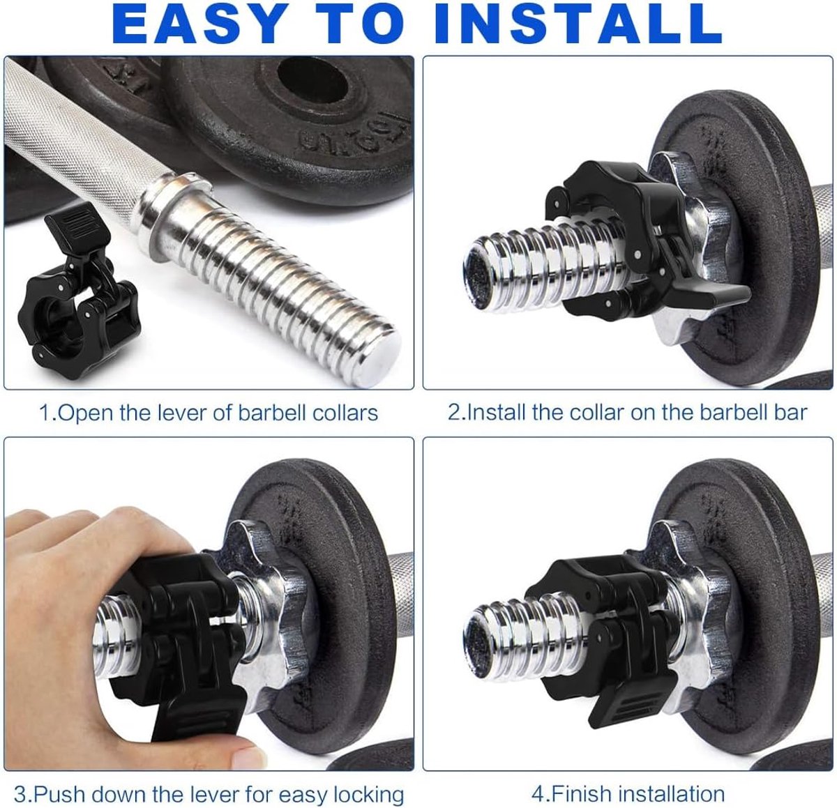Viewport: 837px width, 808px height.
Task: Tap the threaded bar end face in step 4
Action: (479, 637)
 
